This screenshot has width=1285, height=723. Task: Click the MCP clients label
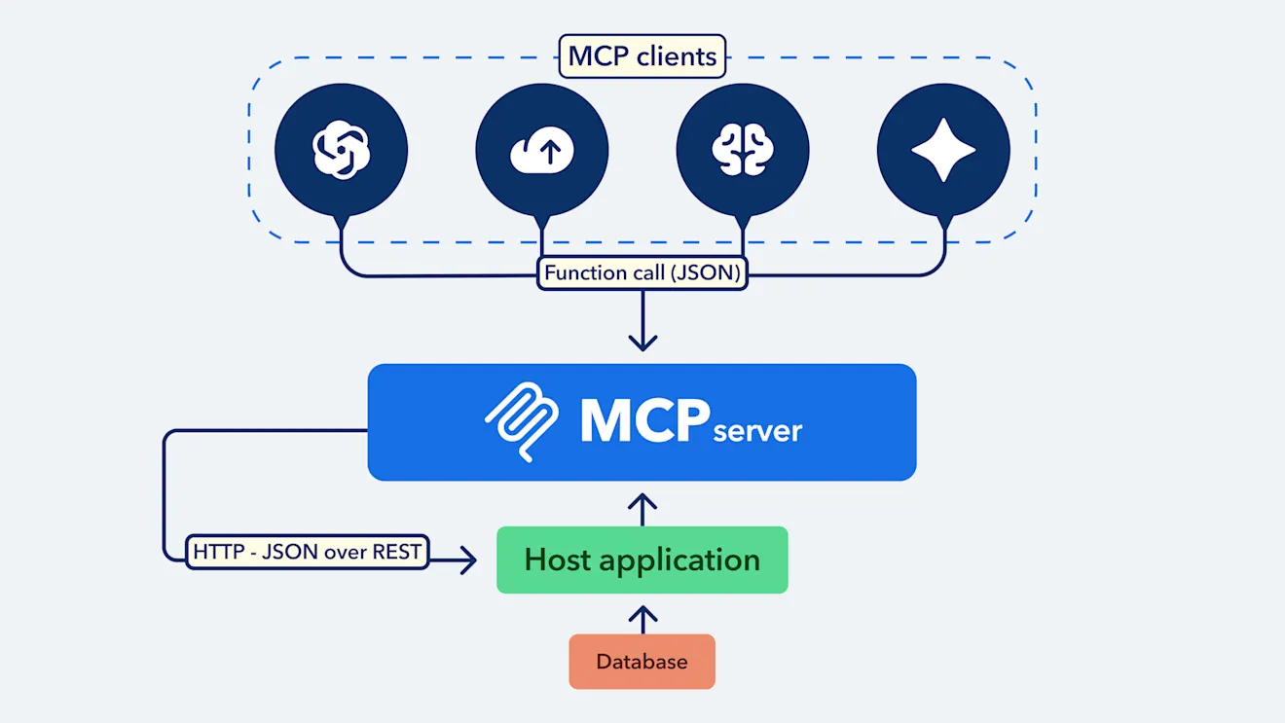642,56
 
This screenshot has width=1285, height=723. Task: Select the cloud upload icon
542,152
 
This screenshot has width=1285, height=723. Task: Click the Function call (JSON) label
642,272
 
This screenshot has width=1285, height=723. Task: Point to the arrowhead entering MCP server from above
642,342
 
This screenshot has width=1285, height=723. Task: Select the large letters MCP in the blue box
643,421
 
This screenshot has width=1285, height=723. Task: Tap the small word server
757,431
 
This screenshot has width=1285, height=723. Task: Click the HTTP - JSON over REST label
307,552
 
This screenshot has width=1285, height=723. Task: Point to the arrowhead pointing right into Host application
468,560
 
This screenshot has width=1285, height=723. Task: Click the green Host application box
642,560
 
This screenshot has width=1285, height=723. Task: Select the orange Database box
642,662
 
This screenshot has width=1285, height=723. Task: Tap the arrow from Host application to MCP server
642,507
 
